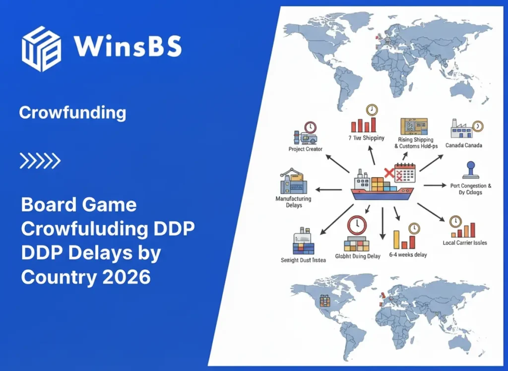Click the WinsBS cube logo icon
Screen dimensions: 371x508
click(42, 49)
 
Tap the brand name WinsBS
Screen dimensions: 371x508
click(127, 47)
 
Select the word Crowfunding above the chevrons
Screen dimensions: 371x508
click(72, 113)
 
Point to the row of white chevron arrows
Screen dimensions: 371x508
click(40, 160)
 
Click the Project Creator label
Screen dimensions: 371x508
click(306, 149)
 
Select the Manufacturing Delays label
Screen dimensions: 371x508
click(294, 202)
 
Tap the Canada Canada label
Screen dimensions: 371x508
click(464, 146)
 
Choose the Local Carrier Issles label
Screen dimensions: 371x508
click(465, 243)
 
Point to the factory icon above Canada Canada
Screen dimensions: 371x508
click(462, 129)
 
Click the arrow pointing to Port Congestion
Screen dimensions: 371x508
click(435, 185)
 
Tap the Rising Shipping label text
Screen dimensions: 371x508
click(416, 140)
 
